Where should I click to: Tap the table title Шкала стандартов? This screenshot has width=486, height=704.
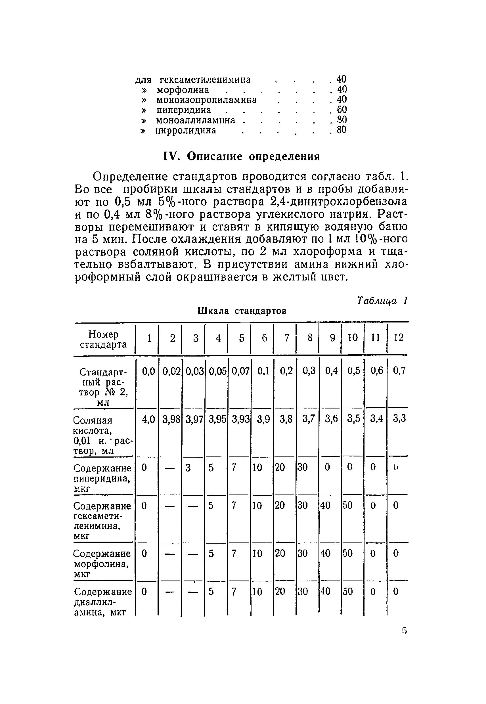pos(242,311)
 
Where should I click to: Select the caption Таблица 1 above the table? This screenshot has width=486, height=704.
pos(382,301)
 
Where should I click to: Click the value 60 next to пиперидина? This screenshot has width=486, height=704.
pos(341,110)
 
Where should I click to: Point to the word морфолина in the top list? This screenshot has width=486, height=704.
pos(183,90)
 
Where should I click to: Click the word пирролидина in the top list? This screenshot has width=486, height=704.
pos(186,130)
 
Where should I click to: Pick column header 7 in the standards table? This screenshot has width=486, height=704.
pos(286,338)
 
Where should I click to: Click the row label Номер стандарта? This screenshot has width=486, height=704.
pos(103,339)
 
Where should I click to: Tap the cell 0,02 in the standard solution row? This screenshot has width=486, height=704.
pos(171,371)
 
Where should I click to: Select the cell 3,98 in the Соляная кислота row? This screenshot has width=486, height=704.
pos(171,420)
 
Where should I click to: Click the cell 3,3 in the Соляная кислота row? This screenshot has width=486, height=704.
pos(399,418)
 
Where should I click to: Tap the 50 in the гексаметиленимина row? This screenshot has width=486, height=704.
pos(347,506)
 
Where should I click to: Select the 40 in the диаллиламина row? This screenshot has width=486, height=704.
pos(325,592)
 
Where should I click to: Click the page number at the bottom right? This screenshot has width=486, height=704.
pos(404,630)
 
